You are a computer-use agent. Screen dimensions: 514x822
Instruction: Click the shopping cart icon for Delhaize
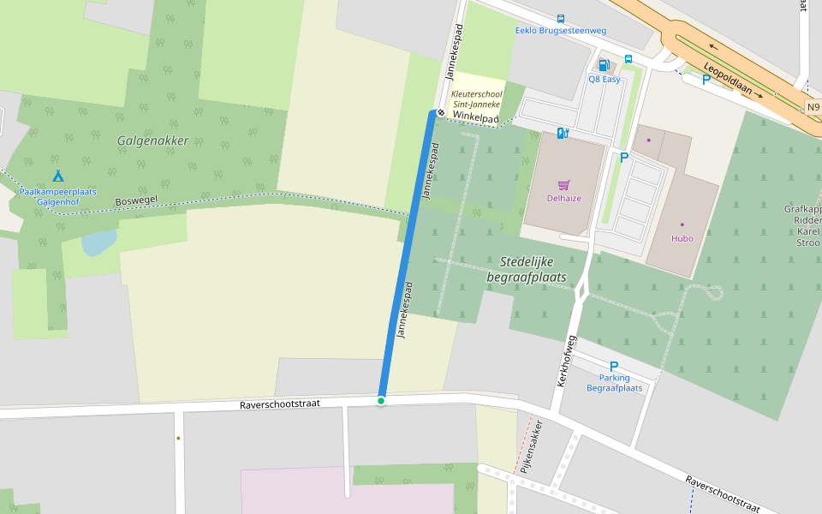pos(563,184)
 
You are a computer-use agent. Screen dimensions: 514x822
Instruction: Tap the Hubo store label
pos(682,238)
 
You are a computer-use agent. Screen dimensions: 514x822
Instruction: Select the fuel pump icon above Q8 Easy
pos(603,65)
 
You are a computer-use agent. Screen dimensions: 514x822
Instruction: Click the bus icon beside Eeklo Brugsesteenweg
pos(561,18)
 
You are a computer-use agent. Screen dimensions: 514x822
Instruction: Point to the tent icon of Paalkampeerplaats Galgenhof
pos(57,176)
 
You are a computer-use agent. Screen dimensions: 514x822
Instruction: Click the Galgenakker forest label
pos(153,140)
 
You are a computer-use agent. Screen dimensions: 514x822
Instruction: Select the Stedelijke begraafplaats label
pos(527,269)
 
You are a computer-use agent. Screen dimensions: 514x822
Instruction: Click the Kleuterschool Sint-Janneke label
pos(476,99)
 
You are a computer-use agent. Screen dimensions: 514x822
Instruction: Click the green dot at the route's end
pos(381,401)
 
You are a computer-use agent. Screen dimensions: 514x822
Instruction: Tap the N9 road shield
pos(813,107)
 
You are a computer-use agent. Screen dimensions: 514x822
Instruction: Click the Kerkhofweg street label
pos(567,361)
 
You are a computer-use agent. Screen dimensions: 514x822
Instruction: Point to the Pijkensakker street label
pos(532,447)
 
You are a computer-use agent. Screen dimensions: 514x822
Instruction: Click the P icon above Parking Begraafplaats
pos(614,366)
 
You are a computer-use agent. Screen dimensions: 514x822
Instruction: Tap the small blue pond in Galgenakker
pos(99,242)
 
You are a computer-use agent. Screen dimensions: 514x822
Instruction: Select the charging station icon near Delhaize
pos(563,133)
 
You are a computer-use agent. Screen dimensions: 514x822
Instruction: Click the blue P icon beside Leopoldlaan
pos(706,80)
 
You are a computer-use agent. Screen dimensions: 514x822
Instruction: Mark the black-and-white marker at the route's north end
pos(441,112)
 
